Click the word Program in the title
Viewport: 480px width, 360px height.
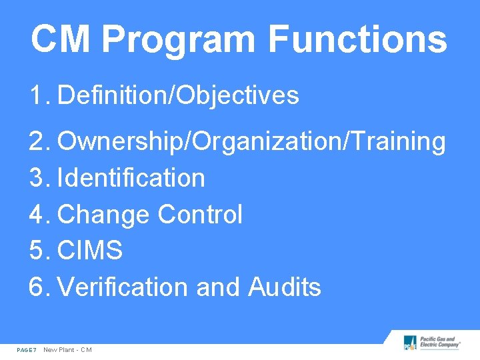pyautogui.click(x=179, y=39)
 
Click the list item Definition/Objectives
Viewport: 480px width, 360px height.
pyautogui.click(x=178, y=96)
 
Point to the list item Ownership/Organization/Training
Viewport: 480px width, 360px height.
pyautogui.click(x=251, y=142)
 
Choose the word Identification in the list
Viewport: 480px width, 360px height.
pyautogui.click(x=131, y=179)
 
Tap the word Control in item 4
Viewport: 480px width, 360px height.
pyautogui.click(x=200, y=215)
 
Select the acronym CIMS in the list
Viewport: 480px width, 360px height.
pyautogui.click(x=90, y=251)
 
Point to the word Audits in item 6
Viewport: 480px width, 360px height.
pyautogui.click(x=285, y=287)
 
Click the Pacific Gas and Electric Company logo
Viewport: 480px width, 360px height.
pyautogui.click(x=431, y=343)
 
